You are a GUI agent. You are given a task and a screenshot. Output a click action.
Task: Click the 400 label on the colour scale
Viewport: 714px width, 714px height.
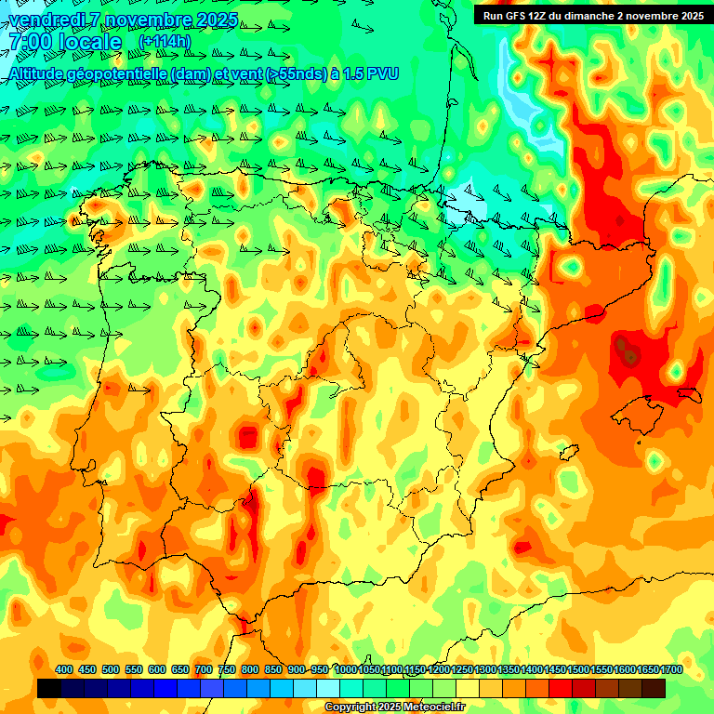point(64,669)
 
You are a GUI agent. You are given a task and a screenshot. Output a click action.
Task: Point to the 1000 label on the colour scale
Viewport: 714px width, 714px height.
point(345,669)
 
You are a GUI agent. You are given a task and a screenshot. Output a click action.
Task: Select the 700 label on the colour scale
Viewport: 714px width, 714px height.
point(204,669)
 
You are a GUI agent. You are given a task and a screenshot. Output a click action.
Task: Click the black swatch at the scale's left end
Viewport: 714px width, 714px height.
point(49,688)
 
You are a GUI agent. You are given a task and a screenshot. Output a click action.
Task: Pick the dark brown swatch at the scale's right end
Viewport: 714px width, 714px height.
point(654,688)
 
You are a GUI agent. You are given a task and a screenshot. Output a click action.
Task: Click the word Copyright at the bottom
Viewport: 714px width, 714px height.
point(350,707)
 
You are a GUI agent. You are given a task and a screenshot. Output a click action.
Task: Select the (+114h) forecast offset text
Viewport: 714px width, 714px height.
point(164,42)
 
